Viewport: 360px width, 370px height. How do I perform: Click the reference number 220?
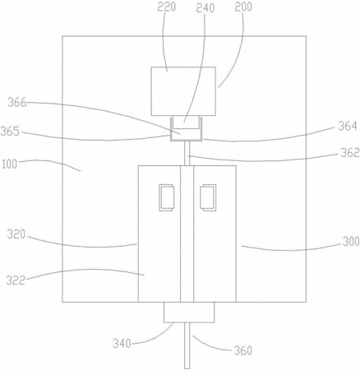(x=166, y=7)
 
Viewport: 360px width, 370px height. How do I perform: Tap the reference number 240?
(x=205, y=7)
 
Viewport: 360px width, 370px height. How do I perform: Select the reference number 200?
(x=243, y=7)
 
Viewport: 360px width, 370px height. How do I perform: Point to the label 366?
(x=17, y=103)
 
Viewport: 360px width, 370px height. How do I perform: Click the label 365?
(x=10, y=132)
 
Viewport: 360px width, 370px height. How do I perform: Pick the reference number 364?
(x=348, y=126)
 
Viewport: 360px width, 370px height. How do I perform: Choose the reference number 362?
(x=350, y=152)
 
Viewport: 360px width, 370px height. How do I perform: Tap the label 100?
(x=9, y=164)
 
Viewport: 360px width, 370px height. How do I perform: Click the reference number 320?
(x=16, y=234)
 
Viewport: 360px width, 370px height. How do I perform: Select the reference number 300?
(x=351, y=242)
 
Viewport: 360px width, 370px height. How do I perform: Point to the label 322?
(x=16, y=280)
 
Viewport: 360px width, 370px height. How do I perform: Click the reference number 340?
(x=122, y=343)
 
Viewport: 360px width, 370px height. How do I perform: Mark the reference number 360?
(x=242, y=350)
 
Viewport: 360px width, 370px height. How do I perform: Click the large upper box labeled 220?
(x=183, y=91)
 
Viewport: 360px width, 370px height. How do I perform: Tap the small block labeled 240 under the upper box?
(x=185, y=122)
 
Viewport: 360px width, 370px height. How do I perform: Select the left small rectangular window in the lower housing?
(x=167, y=197)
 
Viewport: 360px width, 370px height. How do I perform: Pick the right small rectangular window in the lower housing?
(x=208, y=197)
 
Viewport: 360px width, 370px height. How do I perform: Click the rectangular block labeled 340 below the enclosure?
(x=189, y=312)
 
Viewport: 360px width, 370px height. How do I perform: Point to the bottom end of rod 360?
(x=187, y=368)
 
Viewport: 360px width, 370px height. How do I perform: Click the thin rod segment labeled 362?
(x=187, y=153)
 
